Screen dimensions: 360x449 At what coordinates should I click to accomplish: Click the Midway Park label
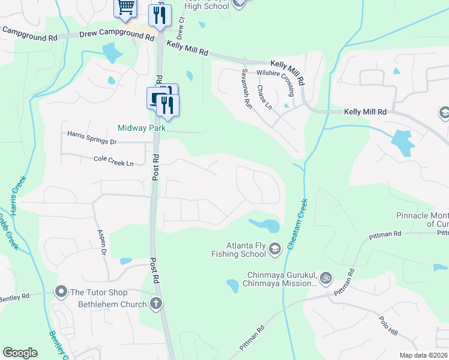[141, 127]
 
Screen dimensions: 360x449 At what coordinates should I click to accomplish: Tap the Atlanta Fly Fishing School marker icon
[275, 248]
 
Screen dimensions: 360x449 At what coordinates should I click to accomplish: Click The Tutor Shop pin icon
[61, 292]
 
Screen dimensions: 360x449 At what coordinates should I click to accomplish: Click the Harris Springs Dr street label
[92, 137]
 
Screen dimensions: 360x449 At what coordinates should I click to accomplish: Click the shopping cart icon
[126, 7]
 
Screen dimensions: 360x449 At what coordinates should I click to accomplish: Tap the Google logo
[20, 353]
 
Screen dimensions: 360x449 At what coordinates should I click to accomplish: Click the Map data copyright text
[424, 355]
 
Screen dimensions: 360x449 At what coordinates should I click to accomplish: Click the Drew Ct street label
[181, 24]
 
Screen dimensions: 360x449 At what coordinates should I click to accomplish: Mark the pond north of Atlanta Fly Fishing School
[265, 226]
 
